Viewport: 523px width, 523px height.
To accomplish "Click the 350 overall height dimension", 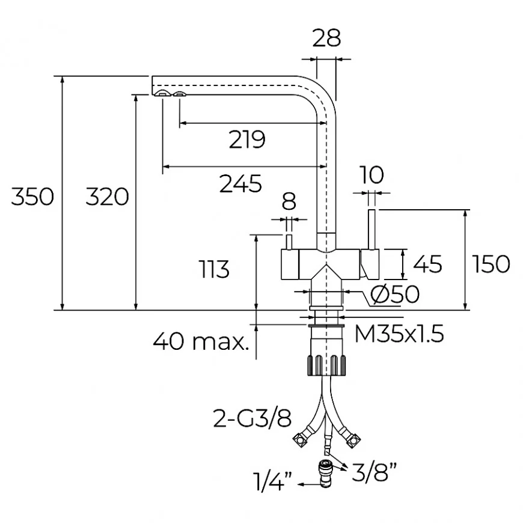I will [x=32, y=197].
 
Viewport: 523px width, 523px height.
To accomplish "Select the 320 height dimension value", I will [x=107, y=197].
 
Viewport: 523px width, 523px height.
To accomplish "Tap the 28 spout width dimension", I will [x=326, y=38].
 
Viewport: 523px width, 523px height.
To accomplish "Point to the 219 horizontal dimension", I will [x=246, y=140].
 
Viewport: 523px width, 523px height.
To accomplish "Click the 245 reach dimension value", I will [x=240, y=183].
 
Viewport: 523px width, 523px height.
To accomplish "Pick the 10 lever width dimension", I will [x=373, y=175].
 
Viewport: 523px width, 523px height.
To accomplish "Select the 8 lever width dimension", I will [x=289, y=200].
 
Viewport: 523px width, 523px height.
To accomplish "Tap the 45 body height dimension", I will [x=428, y=264].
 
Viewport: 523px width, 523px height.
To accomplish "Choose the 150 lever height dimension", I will [x=491, y=264].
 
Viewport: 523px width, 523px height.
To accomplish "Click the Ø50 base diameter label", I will [x=394, y=295].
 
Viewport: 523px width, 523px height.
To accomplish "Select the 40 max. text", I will [x=201, y=342].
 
